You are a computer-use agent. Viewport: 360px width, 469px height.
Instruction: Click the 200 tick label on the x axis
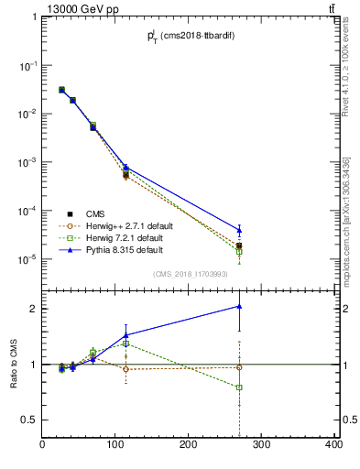point(189,445)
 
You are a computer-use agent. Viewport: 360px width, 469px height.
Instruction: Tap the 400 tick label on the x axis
point(333,445)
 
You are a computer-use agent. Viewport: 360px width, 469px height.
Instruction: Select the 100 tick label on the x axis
point(115,445)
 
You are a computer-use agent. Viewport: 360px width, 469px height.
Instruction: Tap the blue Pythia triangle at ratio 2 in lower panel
point(239,307)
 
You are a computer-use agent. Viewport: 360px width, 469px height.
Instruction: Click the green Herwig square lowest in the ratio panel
point(239,387)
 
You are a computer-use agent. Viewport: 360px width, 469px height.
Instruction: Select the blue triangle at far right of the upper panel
point(239,230)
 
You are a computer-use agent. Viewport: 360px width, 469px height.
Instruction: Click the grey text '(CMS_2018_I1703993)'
point(190,273)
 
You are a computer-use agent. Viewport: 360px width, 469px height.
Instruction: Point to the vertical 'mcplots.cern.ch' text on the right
point(346,220)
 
